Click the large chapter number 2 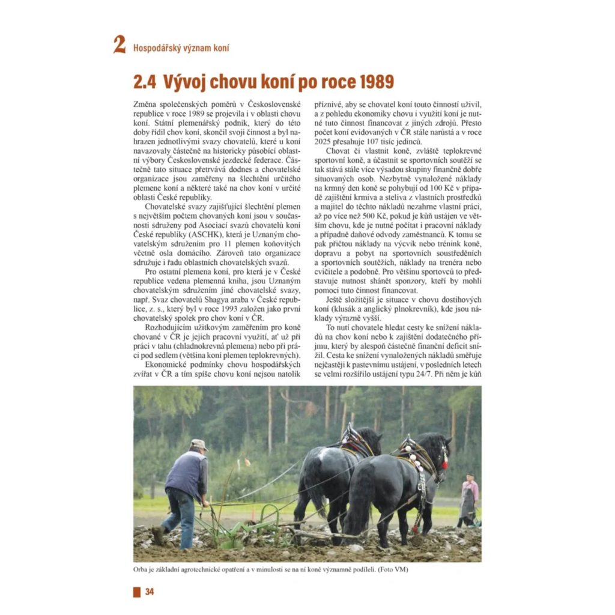120,45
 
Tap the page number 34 150,592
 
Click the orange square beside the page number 137,592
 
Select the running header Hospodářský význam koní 181,47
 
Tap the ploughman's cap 199,444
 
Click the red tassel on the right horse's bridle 445,465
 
